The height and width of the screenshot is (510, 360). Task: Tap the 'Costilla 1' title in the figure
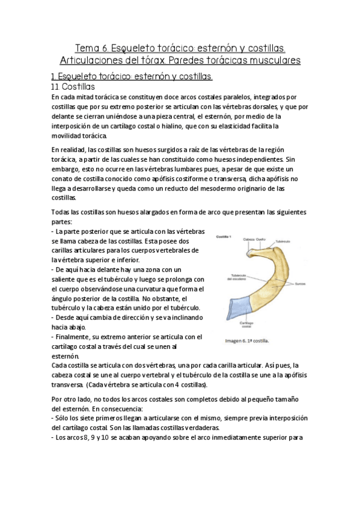(x=224, y=236)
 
